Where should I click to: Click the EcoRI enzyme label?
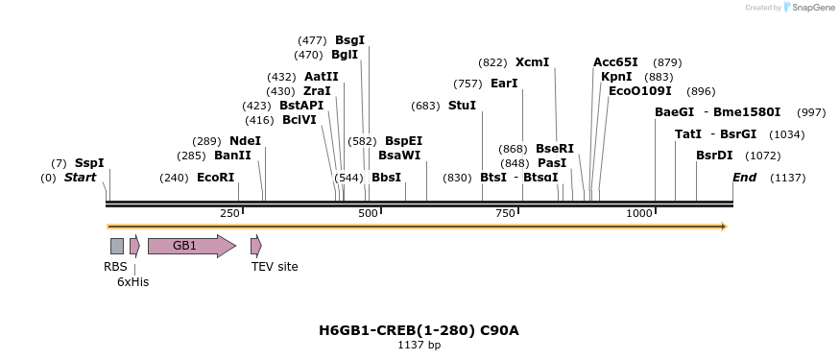point(215,178)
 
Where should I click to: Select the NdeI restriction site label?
point(245,140)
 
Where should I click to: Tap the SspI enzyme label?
point(89,163)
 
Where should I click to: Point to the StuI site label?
point(462,106)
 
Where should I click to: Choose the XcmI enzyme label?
point(532,62)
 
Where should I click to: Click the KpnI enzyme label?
point(616,77)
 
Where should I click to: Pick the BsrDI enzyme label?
point(714,156)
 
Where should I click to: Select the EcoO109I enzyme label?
point(640,91)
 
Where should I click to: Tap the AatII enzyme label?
point(321,77)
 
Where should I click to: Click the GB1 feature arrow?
point(191,246)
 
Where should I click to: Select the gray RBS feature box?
point(117,246)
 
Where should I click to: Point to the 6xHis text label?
point(132,282)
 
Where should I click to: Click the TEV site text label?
point(275,267)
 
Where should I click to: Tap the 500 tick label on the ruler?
point(369,213)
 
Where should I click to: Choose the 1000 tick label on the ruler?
point(638,213)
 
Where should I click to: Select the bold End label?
point(744,178)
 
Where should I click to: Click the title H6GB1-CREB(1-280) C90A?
point(419,330)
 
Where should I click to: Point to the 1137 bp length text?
point(419,345)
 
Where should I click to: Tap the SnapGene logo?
point(808,8)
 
